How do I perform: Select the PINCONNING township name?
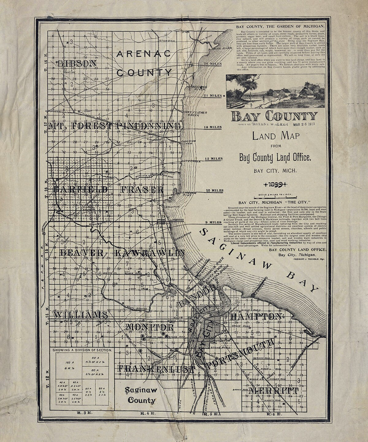148,126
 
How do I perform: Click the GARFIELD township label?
80,189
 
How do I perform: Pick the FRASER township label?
142,189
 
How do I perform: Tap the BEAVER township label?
81,253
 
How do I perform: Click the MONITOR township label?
150,327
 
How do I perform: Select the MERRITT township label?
273,391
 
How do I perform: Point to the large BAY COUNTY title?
274,116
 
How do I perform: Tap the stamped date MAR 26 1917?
306,125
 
